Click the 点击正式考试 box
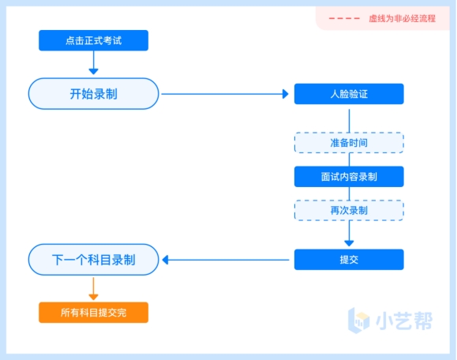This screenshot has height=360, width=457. point(94,40)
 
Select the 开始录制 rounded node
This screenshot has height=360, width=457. point(94,94)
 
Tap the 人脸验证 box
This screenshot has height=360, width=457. point(349,94)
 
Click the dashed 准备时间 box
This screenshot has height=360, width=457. point(349,143)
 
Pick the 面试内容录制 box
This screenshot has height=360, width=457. point(349,177)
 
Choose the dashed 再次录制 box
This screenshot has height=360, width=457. point(349,210)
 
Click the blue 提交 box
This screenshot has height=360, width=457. point(349,260)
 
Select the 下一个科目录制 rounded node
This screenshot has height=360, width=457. point(94,260)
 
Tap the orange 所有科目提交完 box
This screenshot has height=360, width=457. point(94,313)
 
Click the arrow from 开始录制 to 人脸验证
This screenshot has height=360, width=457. point(225,94)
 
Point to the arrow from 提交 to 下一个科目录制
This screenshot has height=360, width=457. point(226,260)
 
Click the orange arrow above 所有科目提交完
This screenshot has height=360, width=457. point(94,289)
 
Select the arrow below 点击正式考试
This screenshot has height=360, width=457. point(94,62)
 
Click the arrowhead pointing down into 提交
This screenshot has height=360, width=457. point(349,243)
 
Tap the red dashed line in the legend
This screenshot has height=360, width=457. point(344,19)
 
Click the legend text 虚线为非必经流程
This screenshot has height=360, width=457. point(403,19)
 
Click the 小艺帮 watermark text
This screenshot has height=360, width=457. point(404,321)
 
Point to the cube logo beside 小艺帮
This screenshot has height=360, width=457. point(359,321)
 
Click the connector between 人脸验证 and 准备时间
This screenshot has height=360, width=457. point(349,121)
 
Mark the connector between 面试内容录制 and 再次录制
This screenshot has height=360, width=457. point(349,193)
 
